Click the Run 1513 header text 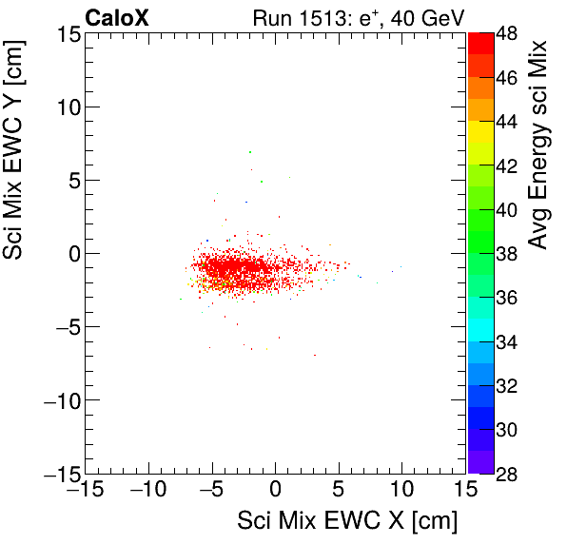coord(357,17)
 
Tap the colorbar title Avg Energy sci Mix coord(538,146)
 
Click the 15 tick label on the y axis coord(66,34)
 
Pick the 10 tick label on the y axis coord(66,107)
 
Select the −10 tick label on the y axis coord(59,400)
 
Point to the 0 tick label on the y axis coord(72,254)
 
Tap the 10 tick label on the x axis coord(402,490)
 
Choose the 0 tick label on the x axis coord(276,490)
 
